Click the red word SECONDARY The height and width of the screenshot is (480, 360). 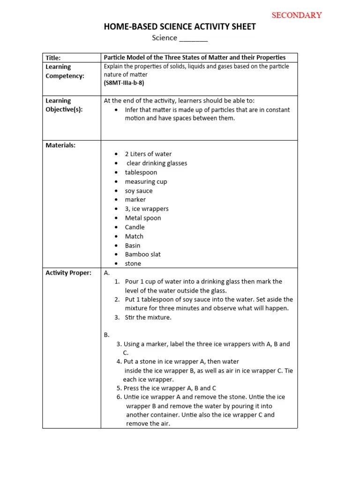[x=297, y=15]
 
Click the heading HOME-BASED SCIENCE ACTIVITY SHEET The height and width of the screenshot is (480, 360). [x=180, y=27]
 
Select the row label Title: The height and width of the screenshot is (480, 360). [x=53, y=58]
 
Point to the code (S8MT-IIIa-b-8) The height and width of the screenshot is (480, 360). [x=124, y=83]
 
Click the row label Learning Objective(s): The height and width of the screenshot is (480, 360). [x=64, y=105]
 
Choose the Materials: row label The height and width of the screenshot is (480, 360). [x=60, y=145]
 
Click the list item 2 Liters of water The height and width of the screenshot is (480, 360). [x=148, y=154]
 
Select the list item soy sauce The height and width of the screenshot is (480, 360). [x=138, y=191]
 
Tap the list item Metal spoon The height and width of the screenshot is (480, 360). [x=142, y=218]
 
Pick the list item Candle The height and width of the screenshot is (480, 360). [x=135, y=227]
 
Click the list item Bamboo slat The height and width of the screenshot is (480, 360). [x=142, y=255]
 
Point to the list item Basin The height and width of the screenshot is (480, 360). [x=133, y=246]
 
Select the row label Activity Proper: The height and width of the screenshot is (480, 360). [x=68, y=273]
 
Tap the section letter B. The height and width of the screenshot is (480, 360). [x=106, y=335]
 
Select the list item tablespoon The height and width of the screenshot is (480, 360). [x=141, y=172]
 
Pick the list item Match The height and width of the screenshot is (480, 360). [x=134, y=236]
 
